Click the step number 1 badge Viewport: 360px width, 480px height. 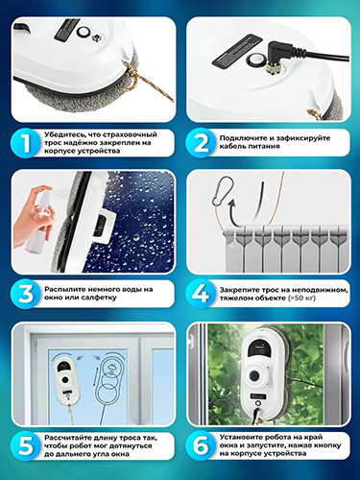click(x=27, y=143)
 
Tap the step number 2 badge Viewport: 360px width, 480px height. click(x=202, y=143)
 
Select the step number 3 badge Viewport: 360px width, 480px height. click(x=27, y=294)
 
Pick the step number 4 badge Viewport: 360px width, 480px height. click(x=202, y=294)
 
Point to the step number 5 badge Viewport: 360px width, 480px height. click(x=27, y=446)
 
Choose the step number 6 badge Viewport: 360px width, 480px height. click(x=202, y=446)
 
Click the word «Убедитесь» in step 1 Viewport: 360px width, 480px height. click(x=62, y=134)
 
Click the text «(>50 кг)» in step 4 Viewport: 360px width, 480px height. click(x=301, y=298)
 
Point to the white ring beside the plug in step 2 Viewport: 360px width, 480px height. click(x=254, y=59)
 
